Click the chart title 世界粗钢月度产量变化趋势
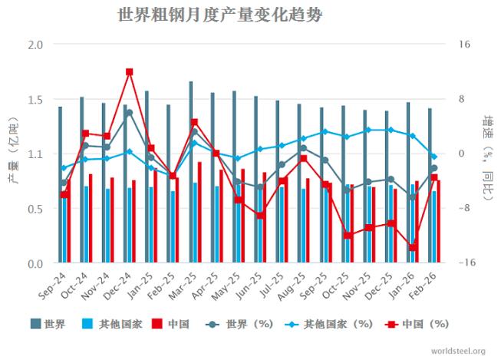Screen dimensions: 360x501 220,15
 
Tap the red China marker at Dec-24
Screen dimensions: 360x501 129,72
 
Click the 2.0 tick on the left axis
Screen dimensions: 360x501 35,45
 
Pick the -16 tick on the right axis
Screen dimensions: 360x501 466,263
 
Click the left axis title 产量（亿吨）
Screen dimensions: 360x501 12,154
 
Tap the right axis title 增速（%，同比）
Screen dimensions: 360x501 486,154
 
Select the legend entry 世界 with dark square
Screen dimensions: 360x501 48,324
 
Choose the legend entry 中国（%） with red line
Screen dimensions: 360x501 418,324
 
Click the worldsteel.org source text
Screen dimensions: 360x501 458,352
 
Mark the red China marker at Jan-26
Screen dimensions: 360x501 413,247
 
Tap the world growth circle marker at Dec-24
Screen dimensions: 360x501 129,113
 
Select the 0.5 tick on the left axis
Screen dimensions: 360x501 35,209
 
